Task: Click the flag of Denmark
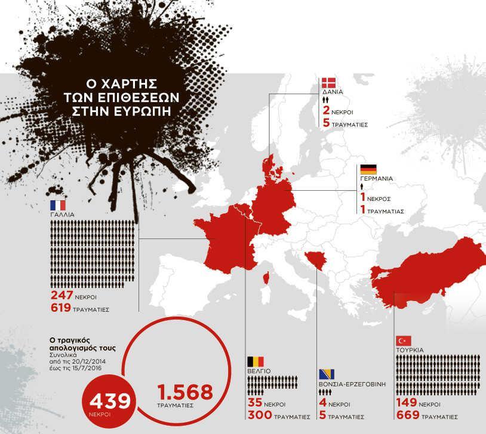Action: (x=328, y=83)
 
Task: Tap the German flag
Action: (x=368, y=169)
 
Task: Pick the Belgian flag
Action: (x=255, y=361)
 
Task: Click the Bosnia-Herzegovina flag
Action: (x=327, y=374)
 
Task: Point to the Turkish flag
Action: (x=403, y=340)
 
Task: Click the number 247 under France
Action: (x=62, y=296)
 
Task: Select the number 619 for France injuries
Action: (x=62, y=309)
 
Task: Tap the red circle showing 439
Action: (x=109, y=401)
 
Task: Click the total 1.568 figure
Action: (x=184, y=392)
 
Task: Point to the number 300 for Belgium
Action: (x=260, y=416)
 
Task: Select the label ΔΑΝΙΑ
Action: (x=332, y=94)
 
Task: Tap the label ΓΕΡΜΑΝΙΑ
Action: (x=376, y=178)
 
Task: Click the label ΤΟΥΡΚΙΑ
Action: (x=410, y=350)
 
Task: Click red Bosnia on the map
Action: (x=314, y=260)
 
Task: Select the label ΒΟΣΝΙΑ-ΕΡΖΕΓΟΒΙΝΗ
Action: (x=352, y=385)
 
